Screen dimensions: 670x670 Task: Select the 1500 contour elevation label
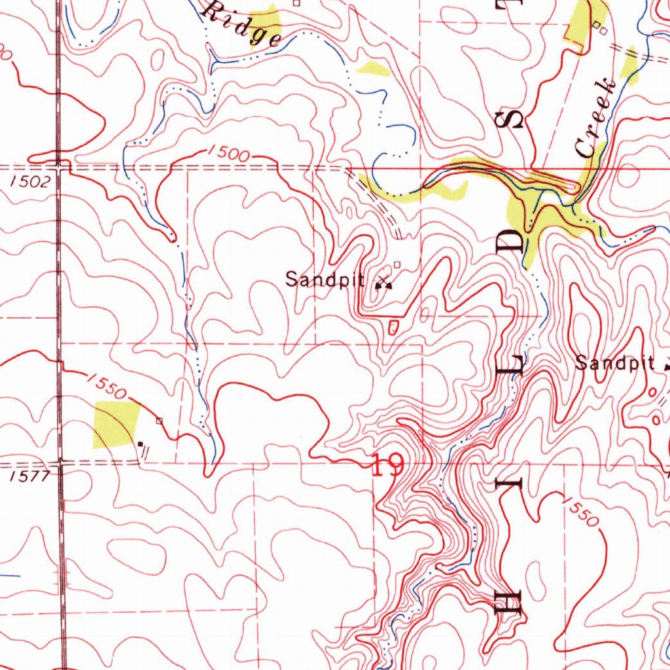[228, 154]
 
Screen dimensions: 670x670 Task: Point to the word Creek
[595, 118]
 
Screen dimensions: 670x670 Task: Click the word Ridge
[241, 23]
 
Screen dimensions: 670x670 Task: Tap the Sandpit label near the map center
[325, 280]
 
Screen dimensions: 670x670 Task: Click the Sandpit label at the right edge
[614, 364]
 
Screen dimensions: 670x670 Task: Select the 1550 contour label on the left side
[105, 385]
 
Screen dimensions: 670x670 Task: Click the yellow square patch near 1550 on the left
[116, 423]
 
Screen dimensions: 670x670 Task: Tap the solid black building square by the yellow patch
[140, 444]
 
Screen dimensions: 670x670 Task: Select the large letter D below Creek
[512, 243]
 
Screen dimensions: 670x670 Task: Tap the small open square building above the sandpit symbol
[397, 265]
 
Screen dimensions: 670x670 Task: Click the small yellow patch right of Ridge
[372, 68]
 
